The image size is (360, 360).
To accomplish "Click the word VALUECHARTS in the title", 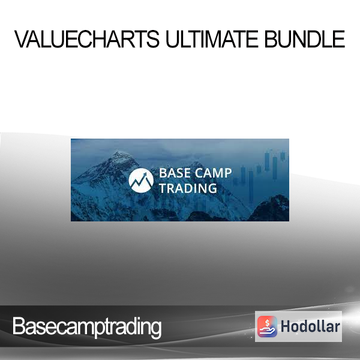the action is coord(87,39).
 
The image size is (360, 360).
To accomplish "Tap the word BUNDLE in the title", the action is coord(305,39).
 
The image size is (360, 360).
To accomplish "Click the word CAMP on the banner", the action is coord(213,173).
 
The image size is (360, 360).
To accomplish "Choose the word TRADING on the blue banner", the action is coord(188,188).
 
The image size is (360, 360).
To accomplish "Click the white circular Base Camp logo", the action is coord(141,181).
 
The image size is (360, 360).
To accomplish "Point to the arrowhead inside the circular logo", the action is coord(145,175).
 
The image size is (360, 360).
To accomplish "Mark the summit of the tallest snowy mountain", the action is coord(119,152).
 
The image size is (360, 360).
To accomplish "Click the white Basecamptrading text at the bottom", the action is coord(87,327).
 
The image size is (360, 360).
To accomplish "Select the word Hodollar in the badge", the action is coord(310,326).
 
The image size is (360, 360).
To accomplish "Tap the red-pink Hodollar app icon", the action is coord(267,326).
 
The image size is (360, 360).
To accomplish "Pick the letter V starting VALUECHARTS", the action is coord(23,39).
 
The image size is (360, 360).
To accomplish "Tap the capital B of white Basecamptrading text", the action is coord(19,326).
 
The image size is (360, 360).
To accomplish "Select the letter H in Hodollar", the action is coord(286,326).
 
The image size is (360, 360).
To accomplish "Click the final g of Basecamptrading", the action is coord(156,329).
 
